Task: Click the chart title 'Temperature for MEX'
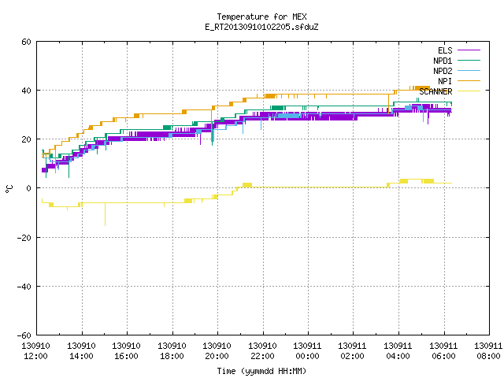(261, 17)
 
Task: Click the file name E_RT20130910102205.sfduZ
(261, 27)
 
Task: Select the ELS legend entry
(458, 50)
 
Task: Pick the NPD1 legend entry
(457, 61)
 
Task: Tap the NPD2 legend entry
(457, 71)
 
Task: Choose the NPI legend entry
(459, 81)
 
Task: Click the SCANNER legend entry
(450, 91)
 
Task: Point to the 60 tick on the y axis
(26, 42)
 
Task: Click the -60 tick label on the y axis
(24, 335)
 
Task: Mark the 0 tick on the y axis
(29, 188)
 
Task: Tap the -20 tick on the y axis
(24, 238)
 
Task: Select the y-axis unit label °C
(9, 189)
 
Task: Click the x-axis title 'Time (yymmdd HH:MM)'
(261, 371)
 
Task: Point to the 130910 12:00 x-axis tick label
(35, 351)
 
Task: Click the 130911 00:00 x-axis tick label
(307, 351)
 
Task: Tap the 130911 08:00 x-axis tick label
(488, 351)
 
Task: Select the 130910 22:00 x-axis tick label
(262, 351)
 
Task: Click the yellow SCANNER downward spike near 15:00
(105, 214)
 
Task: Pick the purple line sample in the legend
(469, 50)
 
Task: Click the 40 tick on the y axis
(26, 91)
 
